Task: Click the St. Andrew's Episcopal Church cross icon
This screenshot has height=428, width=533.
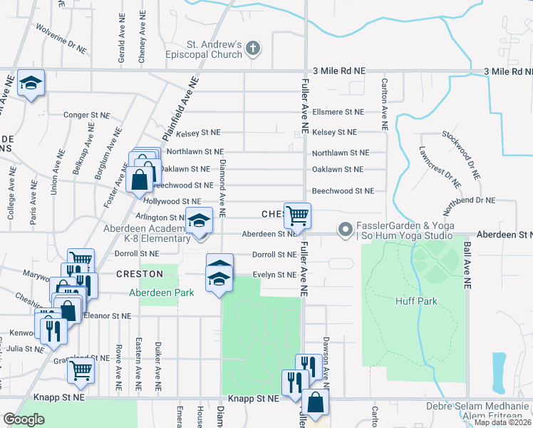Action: pos(252,49)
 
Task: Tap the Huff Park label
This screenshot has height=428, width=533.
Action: pos(416,301)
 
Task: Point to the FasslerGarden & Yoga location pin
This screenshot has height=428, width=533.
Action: pos(346,230)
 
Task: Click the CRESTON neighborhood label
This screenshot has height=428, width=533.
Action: pos(140,274)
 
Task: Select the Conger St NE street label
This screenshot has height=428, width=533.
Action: pos(87,115)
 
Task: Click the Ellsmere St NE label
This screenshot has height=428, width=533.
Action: pos(338,112)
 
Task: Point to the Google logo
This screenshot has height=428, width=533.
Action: pos(24,419)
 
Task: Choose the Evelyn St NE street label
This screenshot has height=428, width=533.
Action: pos(274,275)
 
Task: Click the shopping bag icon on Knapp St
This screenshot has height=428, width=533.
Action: pos(315,404)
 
